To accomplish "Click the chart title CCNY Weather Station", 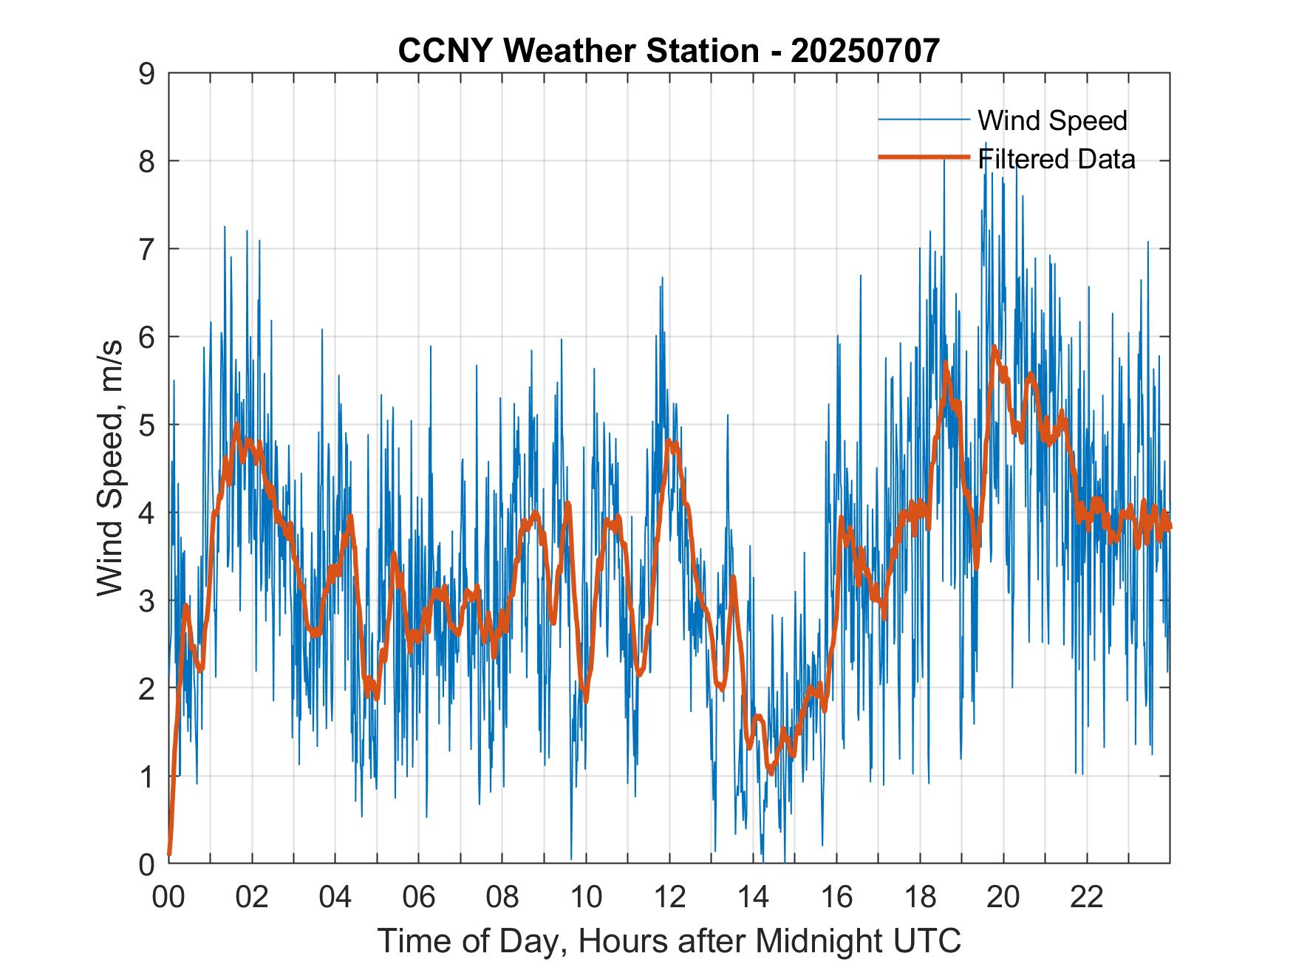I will pyautogui.click(x=578, y=50).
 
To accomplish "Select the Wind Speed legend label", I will pyautogui.click(x=1052, y=120).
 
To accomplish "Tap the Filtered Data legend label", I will pyautogui.click(x=1056, y=159).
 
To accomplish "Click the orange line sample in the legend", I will pyautogui.click(x=924, y=157).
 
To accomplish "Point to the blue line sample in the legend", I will pyautogui.click(x=924, y=120).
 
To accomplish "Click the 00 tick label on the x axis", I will pyautogui.click(x=168, y=897).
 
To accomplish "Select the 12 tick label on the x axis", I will pyautogui.click(x=669, y=897).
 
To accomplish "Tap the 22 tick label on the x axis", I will pyautogui.click(x=1087, y=897).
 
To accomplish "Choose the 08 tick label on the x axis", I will pyautogui.click(x=502, y=897).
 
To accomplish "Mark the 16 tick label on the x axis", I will pyautogui.click(x=836, y=897).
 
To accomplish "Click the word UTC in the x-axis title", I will pyautogui.click(x=930, y=940).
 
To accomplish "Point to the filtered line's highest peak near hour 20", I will pyautogui.click(x=995, y=346).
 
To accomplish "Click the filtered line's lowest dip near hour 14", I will pyautogui.click(x=771, y=772).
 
